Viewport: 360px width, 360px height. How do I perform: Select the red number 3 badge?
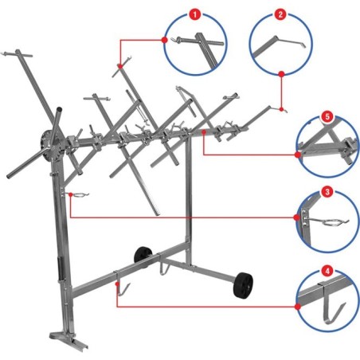click(327, 192)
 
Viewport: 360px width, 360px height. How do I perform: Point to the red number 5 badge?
click(327, 116)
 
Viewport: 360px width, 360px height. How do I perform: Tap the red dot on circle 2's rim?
click(282, 73)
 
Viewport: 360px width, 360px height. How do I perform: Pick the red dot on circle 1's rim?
click(166, 37)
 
